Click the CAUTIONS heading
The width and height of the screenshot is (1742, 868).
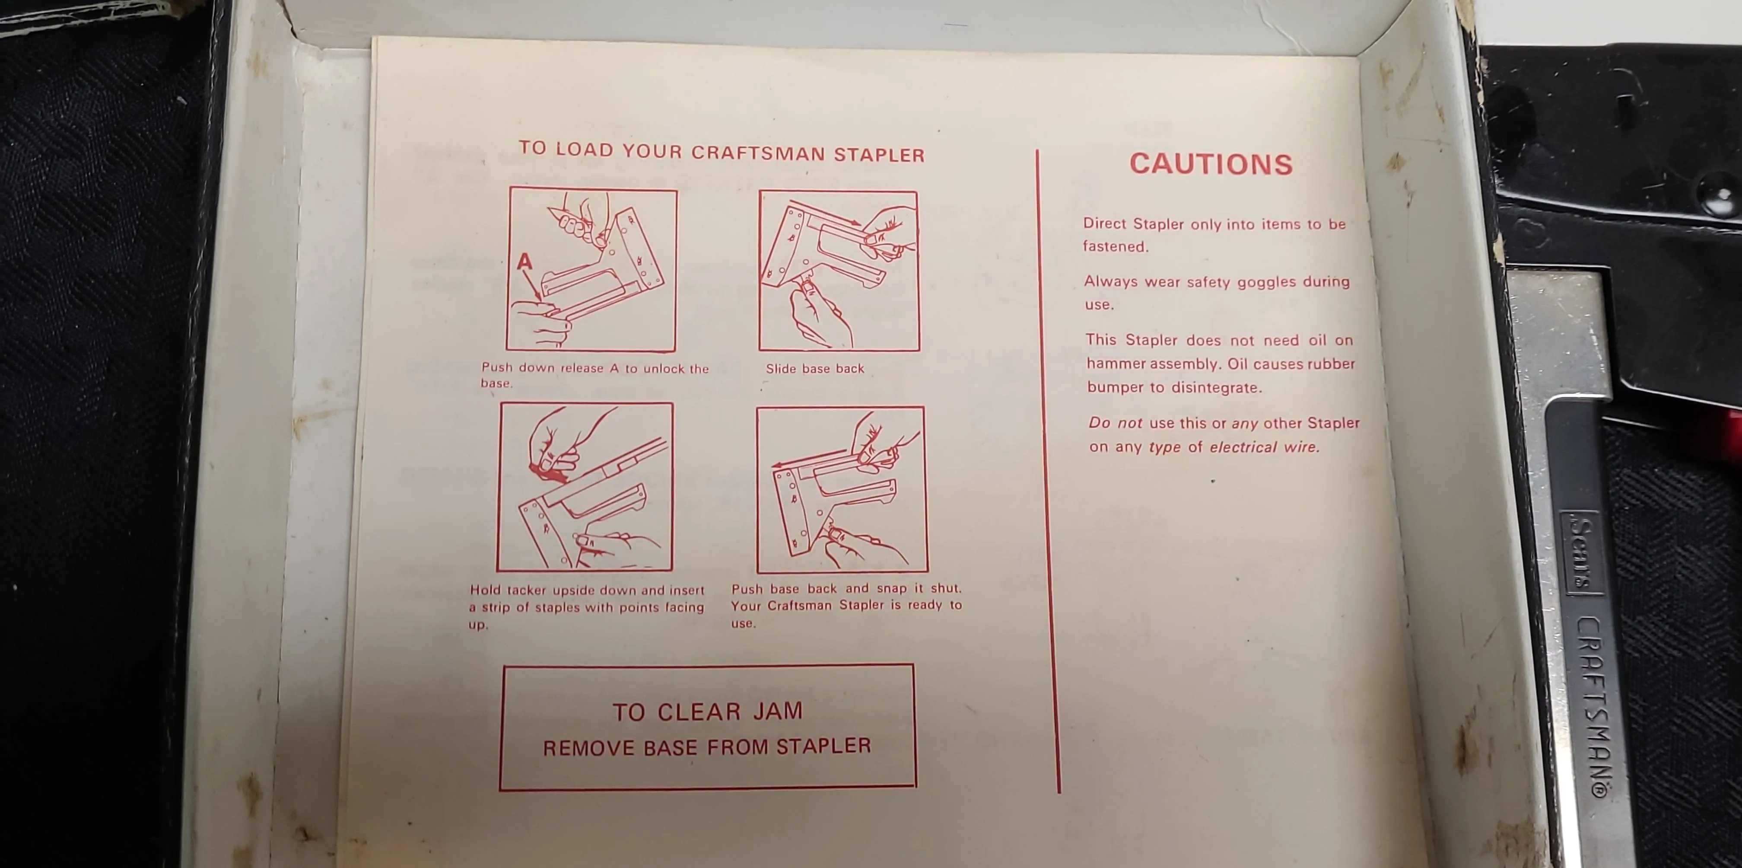click(1211, 164)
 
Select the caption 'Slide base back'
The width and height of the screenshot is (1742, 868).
click(815, 369)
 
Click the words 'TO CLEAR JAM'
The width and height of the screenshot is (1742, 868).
click(707, 712)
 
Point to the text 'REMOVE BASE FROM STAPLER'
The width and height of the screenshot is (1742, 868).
click(707, 747)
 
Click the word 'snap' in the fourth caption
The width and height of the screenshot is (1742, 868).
click(891, 589)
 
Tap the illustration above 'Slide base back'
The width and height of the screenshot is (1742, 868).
click(839, 271)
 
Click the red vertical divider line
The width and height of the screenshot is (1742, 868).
click(1048, 472)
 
